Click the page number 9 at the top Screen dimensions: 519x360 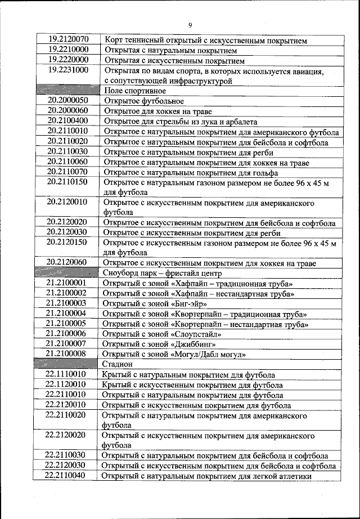190,25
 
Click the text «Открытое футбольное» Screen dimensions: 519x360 143,101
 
